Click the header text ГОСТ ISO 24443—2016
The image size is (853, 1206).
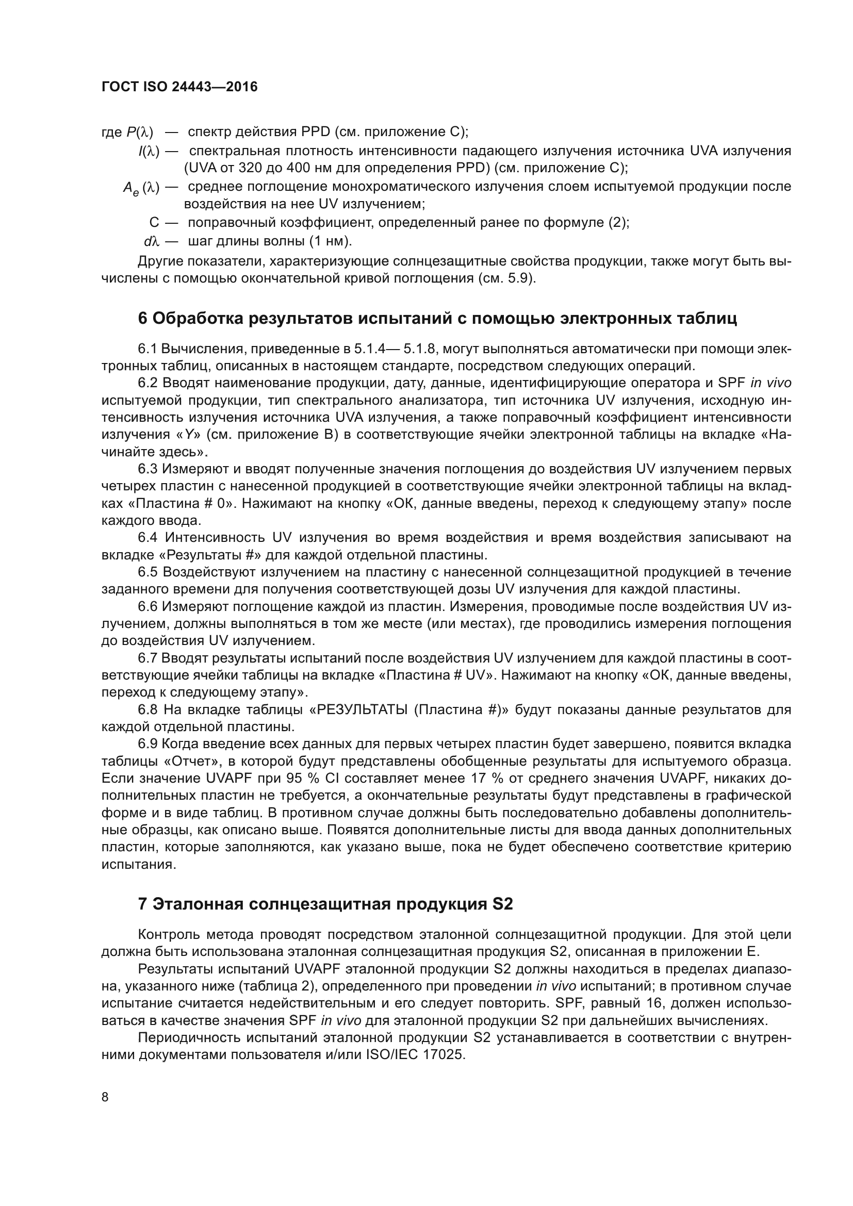pyautogui.click(x=179, y=87)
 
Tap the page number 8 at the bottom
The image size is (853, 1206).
pyautogui.click(x=105, y=1097)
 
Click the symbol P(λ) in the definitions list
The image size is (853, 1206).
pyautogui.click(x=140, y=133)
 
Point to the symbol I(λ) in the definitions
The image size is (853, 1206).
pyautogui.click(x=149, y=151)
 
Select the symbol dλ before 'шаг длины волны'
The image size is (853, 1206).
pyautogui.click(x=151, y=242)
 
